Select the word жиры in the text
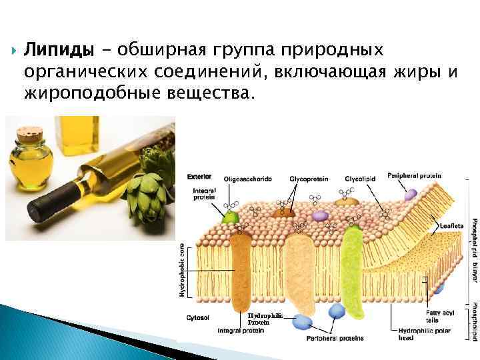(416, 72)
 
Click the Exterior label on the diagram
(199, 177)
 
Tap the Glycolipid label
(360, 179)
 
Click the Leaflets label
(452, 226)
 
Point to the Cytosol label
(197, 319)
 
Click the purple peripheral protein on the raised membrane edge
(411, 194)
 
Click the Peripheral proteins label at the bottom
(335, 338)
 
